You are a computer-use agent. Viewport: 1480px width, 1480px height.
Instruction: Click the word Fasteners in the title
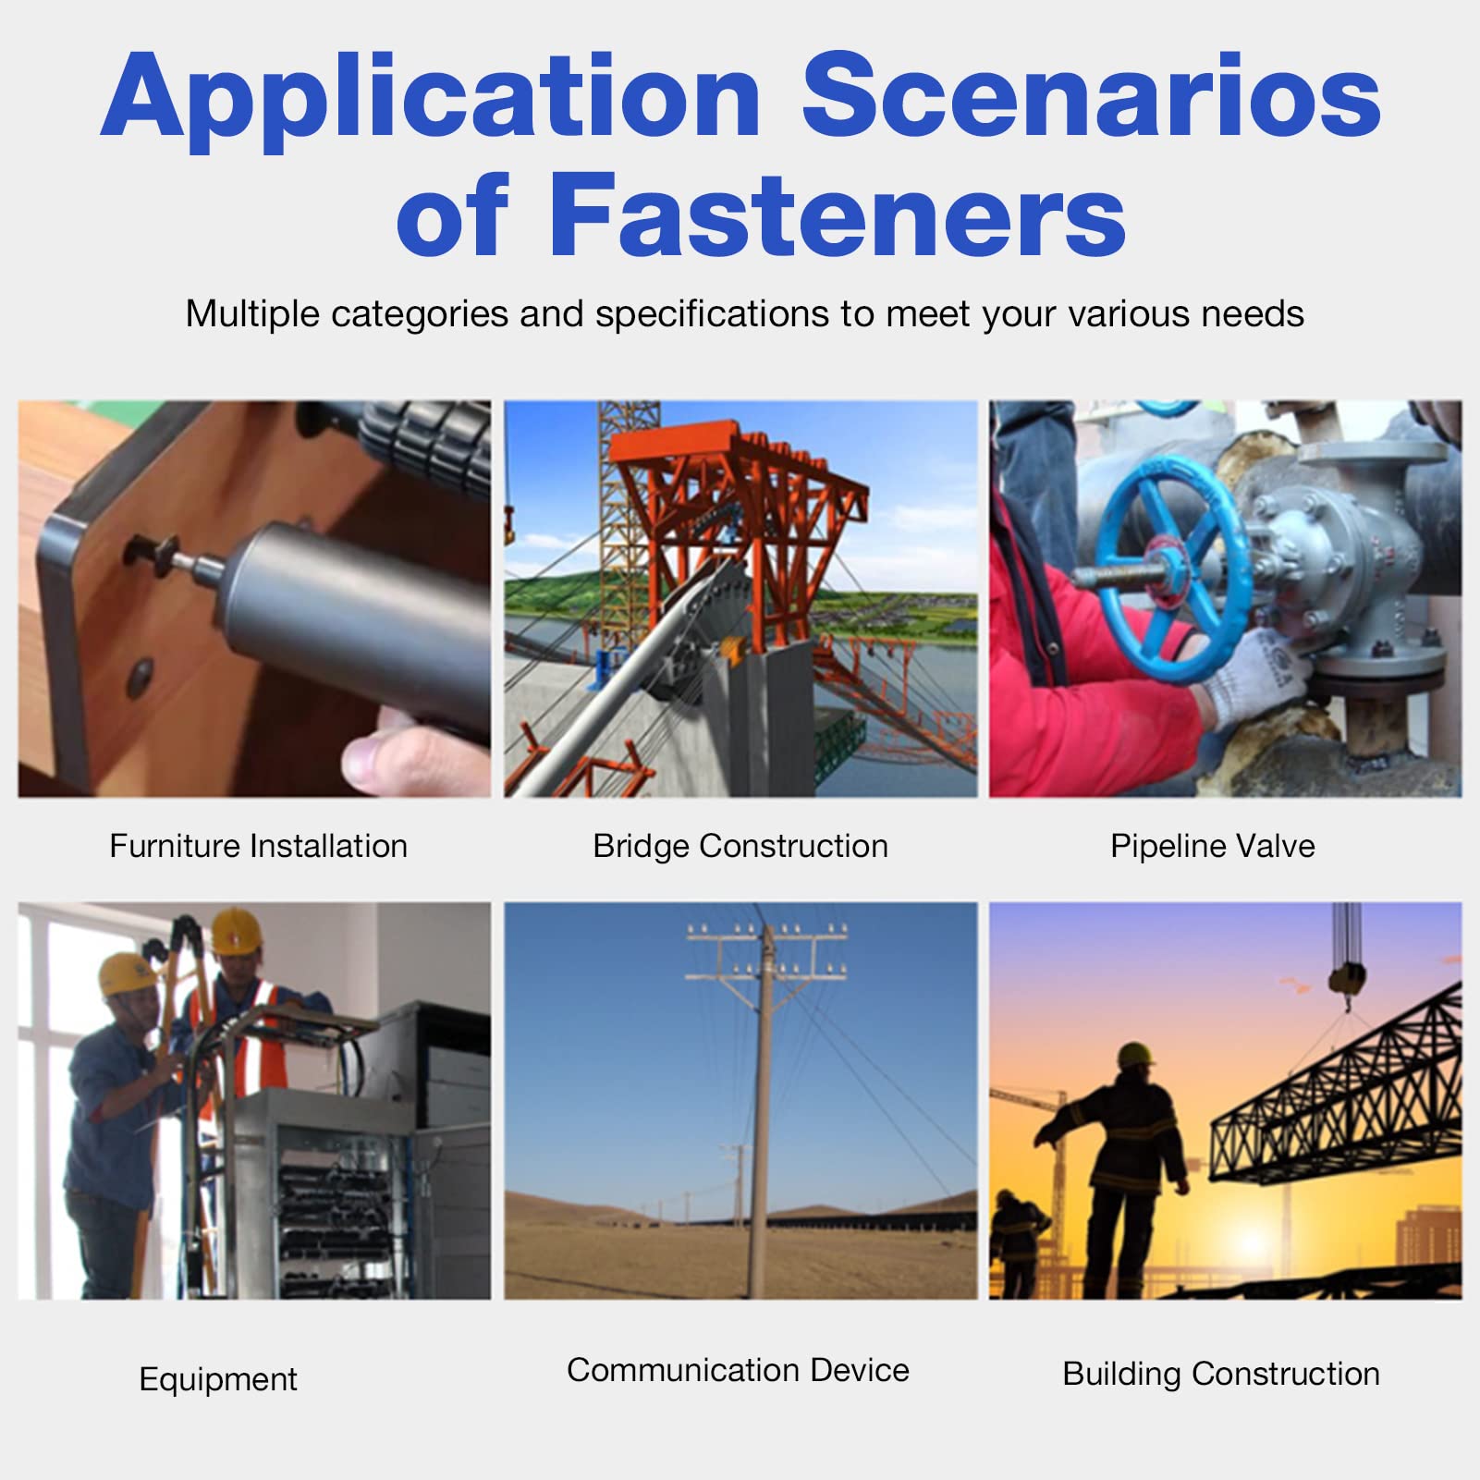coord(838,214)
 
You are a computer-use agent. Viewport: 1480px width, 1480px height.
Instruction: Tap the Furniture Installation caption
coord(259,846)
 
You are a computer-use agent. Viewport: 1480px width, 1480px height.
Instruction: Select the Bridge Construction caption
coord(740,846)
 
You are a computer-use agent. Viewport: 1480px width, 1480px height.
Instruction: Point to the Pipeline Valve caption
coord(1213,846)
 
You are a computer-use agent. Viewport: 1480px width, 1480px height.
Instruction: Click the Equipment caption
coord(218,1379)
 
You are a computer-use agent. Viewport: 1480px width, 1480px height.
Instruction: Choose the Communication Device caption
coord(738,1370)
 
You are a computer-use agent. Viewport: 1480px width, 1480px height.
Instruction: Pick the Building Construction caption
coord(1221,1374)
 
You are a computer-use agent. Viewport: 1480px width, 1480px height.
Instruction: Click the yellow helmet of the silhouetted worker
coord(1137,1055)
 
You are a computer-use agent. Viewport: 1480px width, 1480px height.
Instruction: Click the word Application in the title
coord(431,99)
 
